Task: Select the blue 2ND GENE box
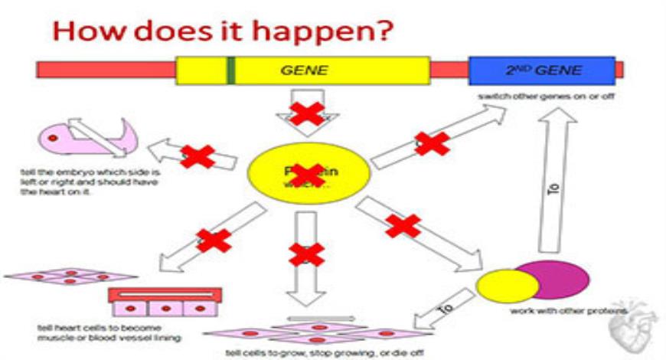point(542,70)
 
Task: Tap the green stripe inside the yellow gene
point(230,70)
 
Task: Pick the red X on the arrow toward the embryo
point(197,156)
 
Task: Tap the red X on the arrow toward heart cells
point(214,241)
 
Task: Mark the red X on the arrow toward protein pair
point(403,225)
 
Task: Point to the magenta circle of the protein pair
point(559,279)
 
